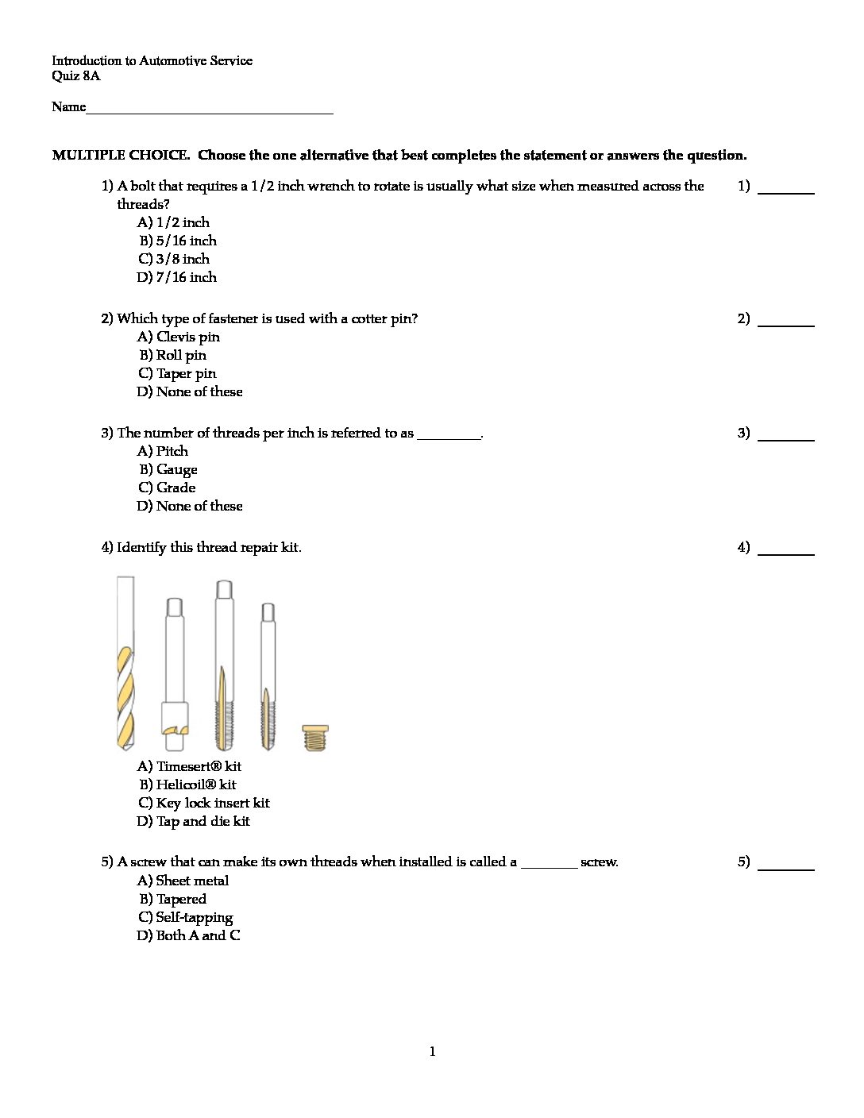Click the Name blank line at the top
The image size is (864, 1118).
(x=210, y=110)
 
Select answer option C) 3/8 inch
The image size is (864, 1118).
(x=174, y=259)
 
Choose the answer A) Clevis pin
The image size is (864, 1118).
(x=179, y=337)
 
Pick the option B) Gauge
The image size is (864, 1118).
(x=168, y=469)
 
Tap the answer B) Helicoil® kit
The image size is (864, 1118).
(x=187, y=785)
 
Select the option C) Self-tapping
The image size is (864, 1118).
(x=186, y=917)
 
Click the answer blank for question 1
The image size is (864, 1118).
(x=785, y=189)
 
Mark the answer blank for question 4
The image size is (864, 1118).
(x=785, y=550)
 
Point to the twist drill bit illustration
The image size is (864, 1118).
(x=125, y=664)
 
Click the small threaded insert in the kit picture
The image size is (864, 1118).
(x=315, y=738)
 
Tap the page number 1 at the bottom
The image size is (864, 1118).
(x=432, y=1052)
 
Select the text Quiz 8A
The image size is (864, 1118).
(x=76, y=76)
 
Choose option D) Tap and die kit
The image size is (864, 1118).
(x=193, y=821)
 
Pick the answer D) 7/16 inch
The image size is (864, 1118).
(x=176, y=277)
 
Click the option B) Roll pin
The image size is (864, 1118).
(x=172, y=355)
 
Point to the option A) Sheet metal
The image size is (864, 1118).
(x=183, y=881)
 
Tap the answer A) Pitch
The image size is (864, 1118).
(x=163, y=451)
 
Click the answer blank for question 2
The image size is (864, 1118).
(x=785, y=322)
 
